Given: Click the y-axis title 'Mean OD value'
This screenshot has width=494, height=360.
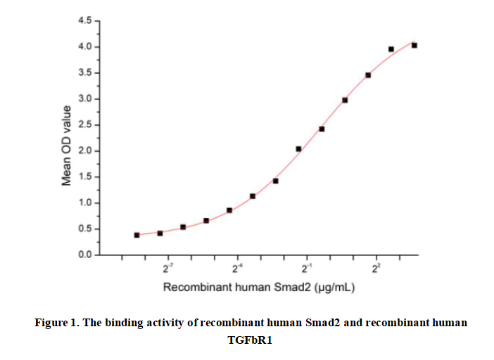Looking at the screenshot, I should click(x=67, y=146).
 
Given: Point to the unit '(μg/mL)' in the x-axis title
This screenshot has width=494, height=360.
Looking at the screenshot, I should click(x=334, y=288).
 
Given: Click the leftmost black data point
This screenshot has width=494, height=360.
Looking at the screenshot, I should click(x=137, y=235).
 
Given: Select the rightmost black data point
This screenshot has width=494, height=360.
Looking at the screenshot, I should click(x=414, y=45).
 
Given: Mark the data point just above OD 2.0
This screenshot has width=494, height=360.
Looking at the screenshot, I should click(x=298, y=149).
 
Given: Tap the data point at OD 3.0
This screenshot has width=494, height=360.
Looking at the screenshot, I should click(x=345, y=100).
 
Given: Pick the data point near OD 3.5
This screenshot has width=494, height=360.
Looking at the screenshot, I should click(x=368, y=75).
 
